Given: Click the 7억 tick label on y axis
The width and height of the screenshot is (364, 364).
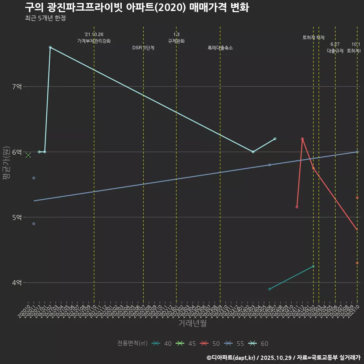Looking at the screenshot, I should pyautogui.click(x=17, y=86).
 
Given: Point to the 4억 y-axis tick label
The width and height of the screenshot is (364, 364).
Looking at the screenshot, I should pyautogui.click(x=17, y=282).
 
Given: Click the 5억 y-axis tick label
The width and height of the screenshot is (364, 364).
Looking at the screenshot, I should pyautogui.click(x=17, y=217).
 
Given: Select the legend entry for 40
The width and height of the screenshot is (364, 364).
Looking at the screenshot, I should pyautogui.click(x=162, y=344).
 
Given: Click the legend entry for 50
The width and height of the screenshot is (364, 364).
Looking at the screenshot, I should pyautogui.click(x=211, y=344).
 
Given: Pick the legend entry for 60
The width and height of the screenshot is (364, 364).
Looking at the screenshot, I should pyautogui.click(x=259, y=344).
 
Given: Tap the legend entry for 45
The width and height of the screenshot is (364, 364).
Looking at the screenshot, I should pyautogui.click(x=187, y=344).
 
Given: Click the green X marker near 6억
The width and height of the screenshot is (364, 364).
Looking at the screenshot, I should pyautogui.click(x=28, y=155).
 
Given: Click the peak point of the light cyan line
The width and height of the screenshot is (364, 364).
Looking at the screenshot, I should pyautogui.click(x=50, y=47).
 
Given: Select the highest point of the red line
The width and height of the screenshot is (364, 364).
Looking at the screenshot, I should pyautogui.click(x=302, y=139).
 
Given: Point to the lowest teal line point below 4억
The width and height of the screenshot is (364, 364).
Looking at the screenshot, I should pyautogui.click(x=270, y=289).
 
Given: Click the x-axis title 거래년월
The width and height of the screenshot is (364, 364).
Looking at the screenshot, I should pyautogui.click(x=193, y=323).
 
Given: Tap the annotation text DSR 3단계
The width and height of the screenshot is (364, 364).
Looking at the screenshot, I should pyautogui.click(x=143, y=48).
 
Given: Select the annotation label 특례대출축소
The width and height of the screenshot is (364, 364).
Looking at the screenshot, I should pyautogui.click(x=220, y=48).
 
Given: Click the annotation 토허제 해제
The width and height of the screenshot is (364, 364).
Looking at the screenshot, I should pyautogui.click(x=314, y=38).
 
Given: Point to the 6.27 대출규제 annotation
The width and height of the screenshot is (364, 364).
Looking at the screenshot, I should pyautogui.click(x=335, y=48).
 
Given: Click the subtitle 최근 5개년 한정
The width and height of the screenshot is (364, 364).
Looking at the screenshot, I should pyautogui.click(x=45, y=18).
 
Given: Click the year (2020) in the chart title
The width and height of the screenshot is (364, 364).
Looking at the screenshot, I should pyautogui.click(x=172, y=7).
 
